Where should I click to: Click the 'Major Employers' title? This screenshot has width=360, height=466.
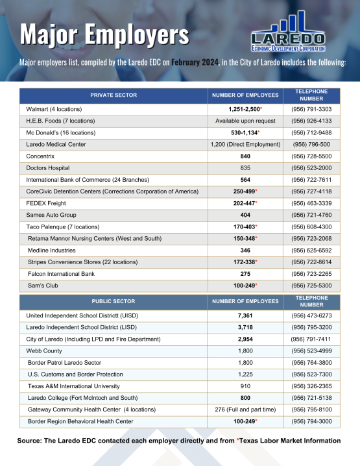point(104,33)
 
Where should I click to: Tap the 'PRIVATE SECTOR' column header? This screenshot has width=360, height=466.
point(114,95)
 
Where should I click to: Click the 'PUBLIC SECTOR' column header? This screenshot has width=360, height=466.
point(114,301)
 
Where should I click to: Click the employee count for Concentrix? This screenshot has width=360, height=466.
point(245,156)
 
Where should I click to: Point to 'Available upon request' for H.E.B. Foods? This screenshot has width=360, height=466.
point(245,121)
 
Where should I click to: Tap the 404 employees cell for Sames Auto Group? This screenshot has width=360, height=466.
point(245,215)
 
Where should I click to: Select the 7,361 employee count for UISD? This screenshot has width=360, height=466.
point(245,315)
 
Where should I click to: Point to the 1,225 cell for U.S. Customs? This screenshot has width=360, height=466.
point(245,374)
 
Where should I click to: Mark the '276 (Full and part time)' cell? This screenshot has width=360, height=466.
point(245,410)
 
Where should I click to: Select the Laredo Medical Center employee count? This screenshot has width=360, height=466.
point(245,144)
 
